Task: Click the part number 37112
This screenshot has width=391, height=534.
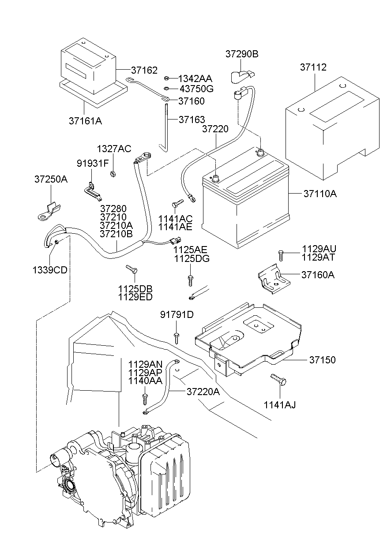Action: point(313,67)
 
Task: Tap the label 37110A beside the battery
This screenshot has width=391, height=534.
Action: point(320,194)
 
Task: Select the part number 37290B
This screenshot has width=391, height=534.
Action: point(242,54)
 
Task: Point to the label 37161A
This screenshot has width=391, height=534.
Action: point(85,120)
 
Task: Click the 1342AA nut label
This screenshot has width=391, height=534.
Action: point(195,78)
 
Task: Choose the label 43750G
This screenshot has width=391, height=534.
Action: point(196,89)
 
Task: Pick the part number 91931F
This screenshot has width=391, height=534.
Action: point(93,163)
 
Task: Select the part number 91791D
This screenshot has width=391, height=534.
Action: point(177,314)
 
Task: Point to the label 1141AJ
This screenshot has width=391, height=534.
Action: point(280,404)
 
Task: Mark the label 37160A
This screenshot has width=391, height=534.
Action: point(318,275)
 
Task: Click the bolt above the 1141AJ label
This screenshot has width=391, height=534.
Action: point(278,378)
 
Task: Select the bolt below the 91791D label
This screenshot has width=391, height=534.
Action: point(177,338)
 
